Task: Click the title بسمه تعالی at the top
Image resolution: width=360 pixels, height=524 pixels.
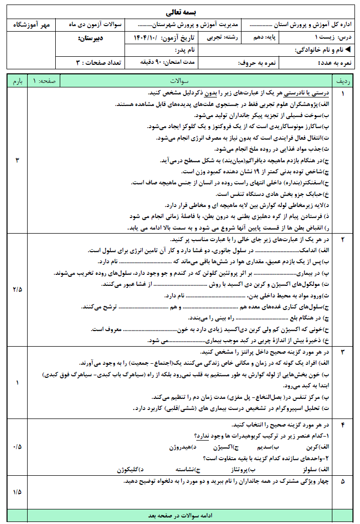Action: (180, 12)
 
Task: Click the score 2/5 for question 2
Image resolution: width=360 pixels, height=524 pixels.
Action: (17, 289)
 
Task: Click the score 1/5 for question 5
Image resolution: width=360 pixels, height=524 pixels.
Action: (17, 491)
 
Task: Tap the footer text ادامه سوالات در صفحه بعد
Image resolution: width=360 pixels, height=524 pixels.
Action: (179, 515)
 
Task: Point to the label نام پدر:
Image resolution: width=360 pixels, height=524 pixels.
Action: (185, 51)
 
